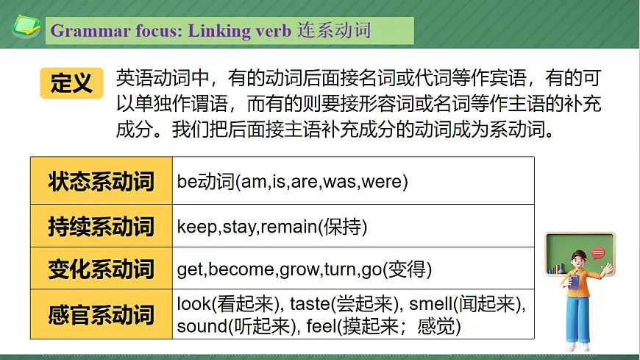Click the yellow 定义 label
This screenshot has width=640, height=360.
click(72, 83)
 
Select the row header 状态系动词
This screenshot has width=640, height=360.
click(102, 180)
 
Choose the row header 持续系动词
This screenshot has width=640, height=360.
click(102, 226)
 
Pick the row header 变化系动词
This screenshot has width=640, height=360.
click(102, 270)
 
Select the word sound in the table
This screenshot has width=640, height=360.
click(199, 326)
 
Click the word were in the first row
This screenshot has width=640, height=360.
click(381, 181)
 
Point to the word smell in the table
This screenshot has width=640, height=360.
click(430, 304)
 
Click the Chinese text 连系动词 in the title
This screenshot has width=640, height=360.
click(335, 31)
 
